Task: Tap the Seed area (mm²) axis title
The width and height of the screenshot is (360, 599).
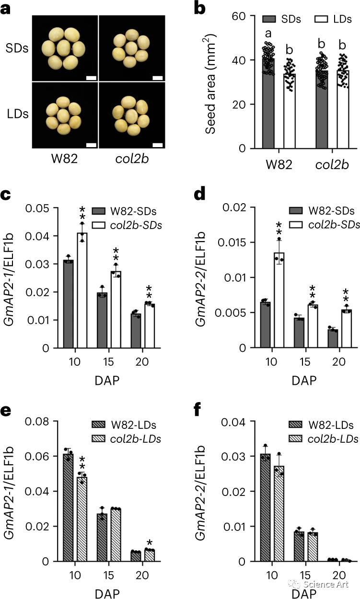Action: tap(215, 82)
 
